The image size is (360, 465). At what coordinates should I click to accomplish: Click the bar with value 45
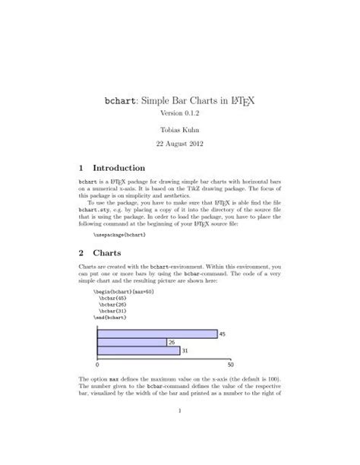[x=157, y=334]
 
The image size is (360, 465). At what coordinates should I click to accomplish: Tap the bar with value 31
[x=138, y=350]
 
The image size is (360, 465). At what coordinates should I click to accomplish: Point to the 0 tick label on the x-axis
[x=99, y=365]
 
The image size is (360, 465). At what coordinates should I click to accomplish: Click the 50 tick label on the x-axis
[x=230, y=365]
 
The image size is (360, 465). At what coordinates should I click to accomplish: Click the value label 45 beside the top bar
[x=223, y=334]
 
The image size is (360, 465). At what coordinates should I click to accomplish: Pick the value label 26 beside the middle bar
[x=172, y=342]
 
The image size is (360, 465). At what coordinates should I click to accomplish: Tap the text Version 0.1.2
[x=180, y=112]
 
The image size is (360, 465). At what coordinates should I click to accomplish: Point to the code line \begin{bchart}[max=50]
[x=122, y=292]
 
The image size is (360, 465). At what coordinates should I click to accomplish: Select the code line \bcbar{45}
[x=112, y=299]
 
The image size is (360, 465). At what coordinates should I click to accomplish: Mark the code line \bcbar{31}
[x=112, y=313]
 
